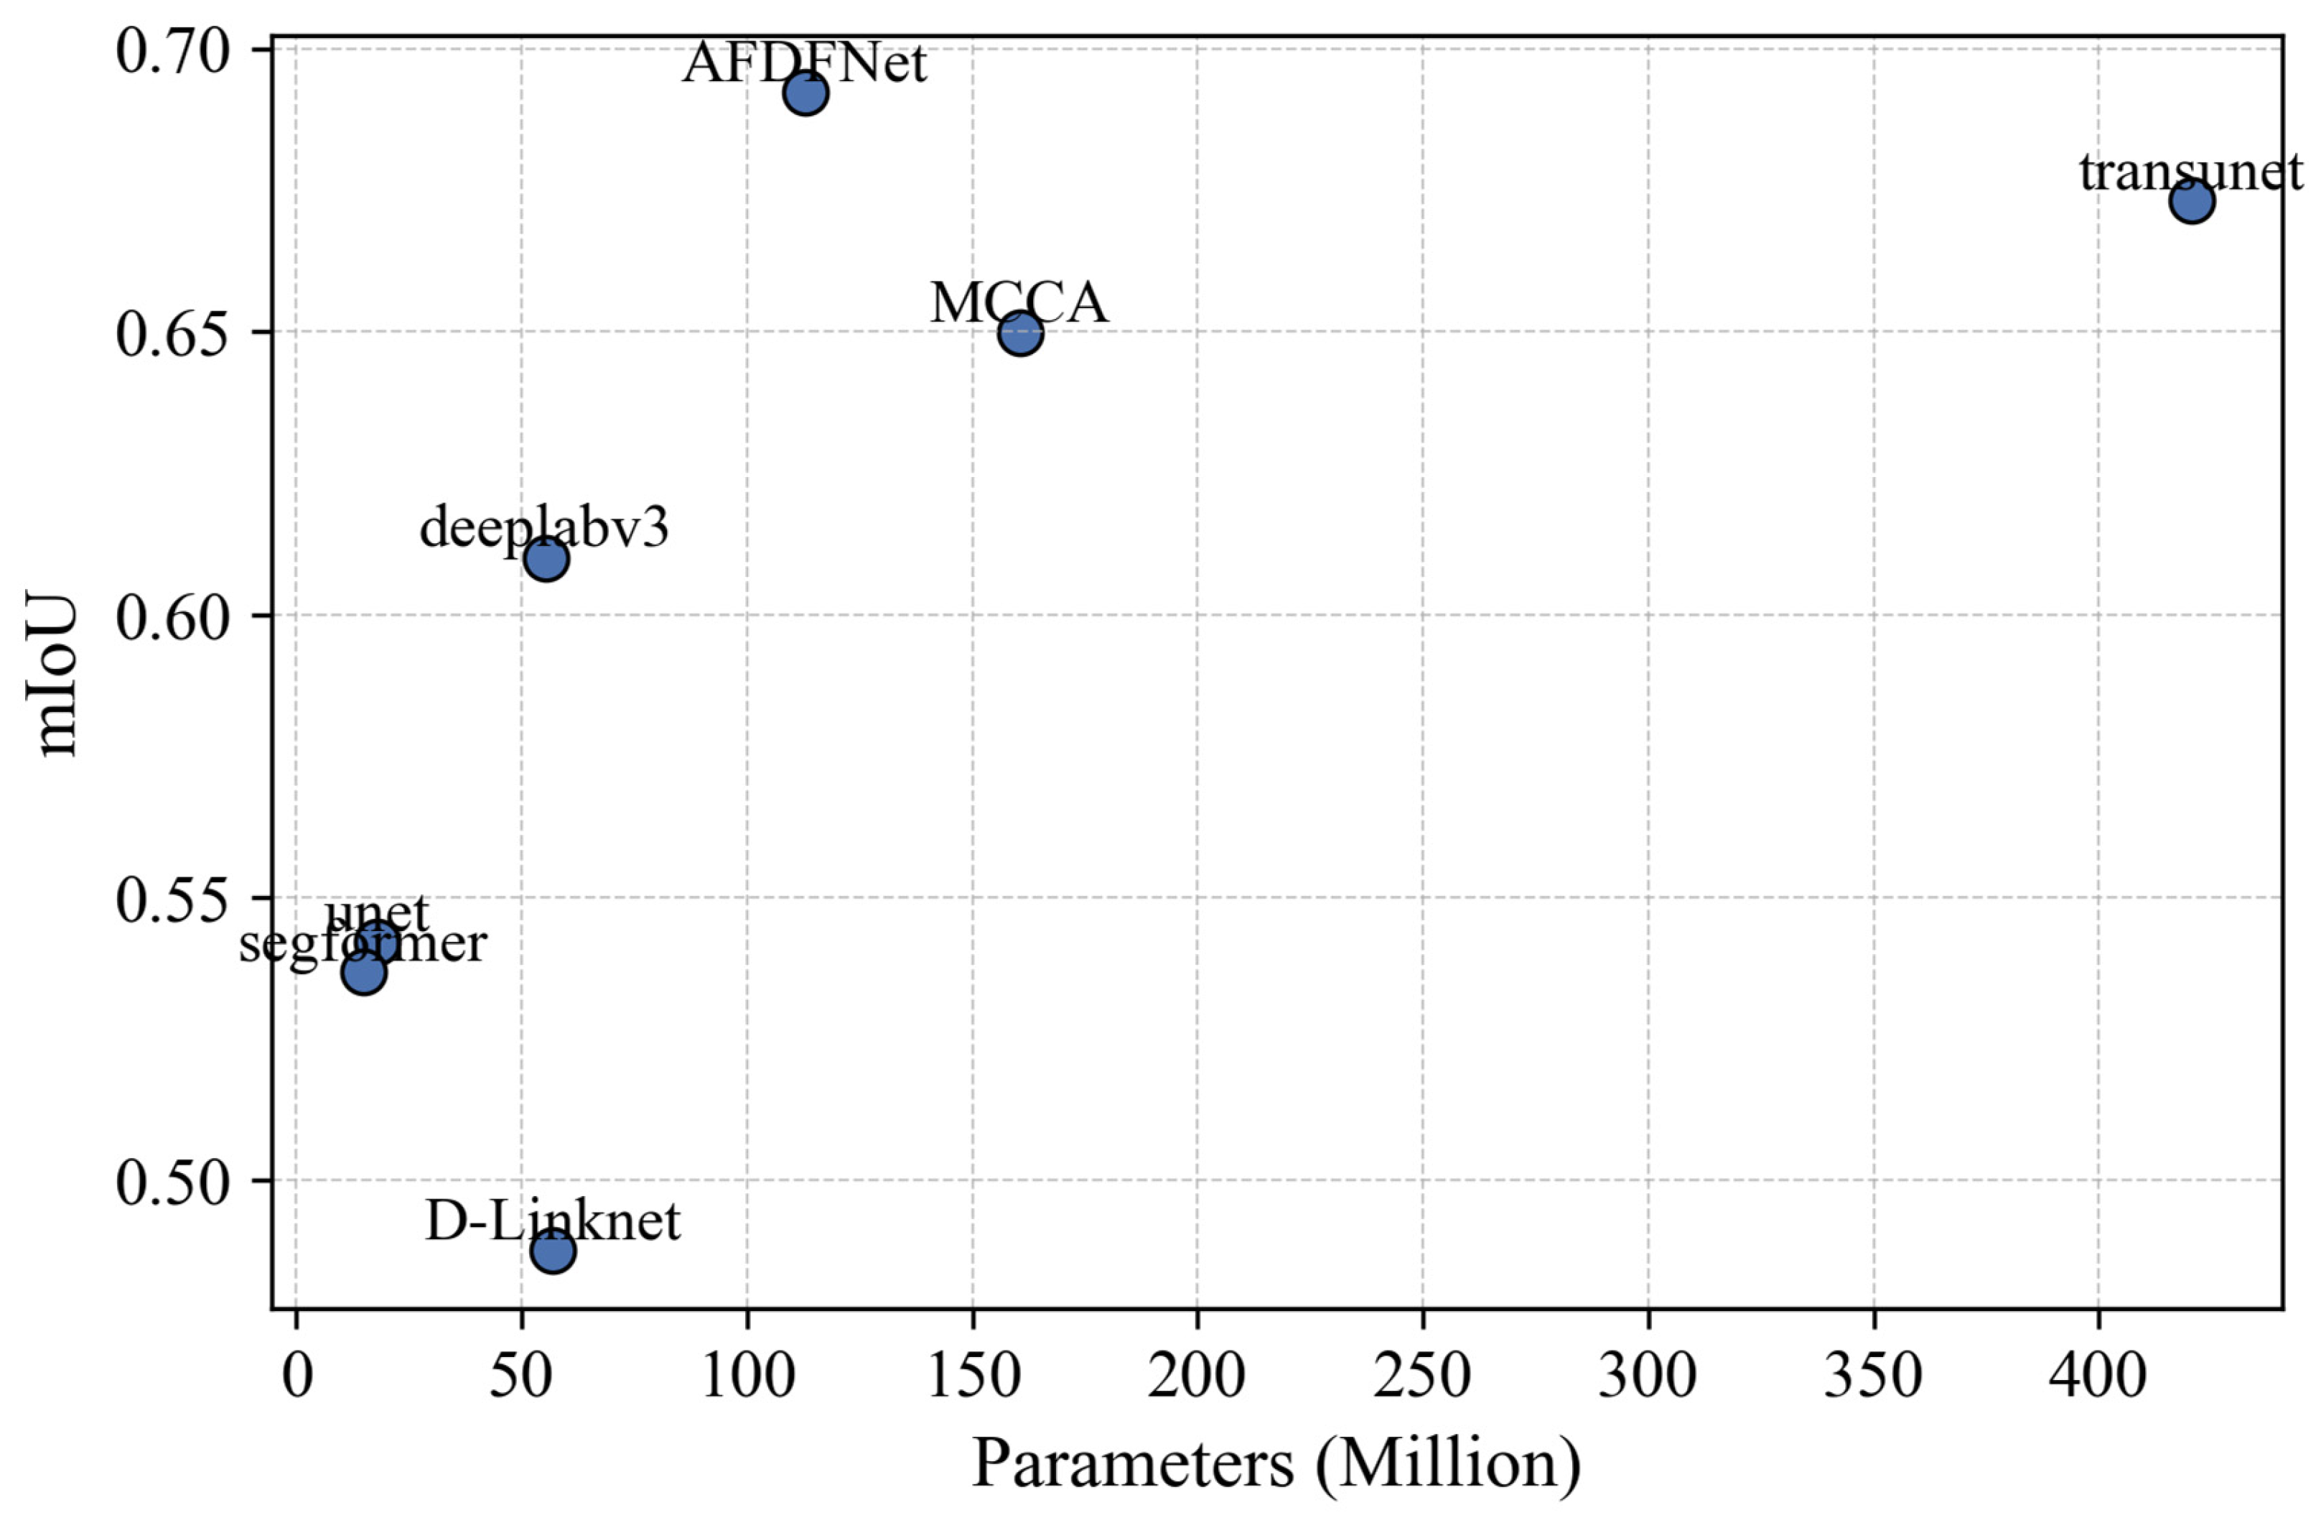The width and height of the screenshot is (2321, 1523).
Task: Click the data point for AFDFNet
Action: [805, 93]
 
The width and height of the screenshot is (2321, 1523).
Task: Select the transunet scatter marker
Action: [2191, 201]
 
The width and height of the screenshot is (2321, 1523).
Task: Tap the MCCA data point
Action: [1020, 333]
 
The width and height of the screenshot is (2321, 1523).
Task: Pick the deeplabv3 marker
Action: [546, 559]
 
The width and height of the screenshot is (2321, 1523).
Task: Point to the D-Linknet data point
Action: [553, 1250]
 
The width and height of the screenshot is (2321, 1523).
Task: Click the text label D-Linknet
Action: [553, 1221]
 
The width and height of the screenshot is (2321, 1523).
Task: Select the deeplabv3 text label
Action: [544, 529]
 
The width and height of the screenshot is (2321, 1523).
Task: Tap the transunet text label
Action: [2190, 172]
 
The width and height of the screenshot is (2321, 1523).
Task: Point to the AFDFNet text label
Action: [805, 63]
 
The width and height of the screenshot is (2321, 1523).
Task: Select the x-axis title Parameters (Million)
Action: [1276, 1466]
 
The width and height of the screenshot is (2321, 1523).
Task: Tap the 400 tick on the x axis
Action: [2098, 1376]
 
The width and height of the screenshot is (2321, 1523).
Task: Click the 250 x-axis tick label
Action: [1422, 1376]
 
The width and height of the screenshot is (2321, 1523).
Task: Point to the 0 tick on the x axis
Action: [297, 1376]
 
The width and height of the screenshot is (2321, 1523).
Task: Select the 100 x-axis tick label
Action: [747, 1376]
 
